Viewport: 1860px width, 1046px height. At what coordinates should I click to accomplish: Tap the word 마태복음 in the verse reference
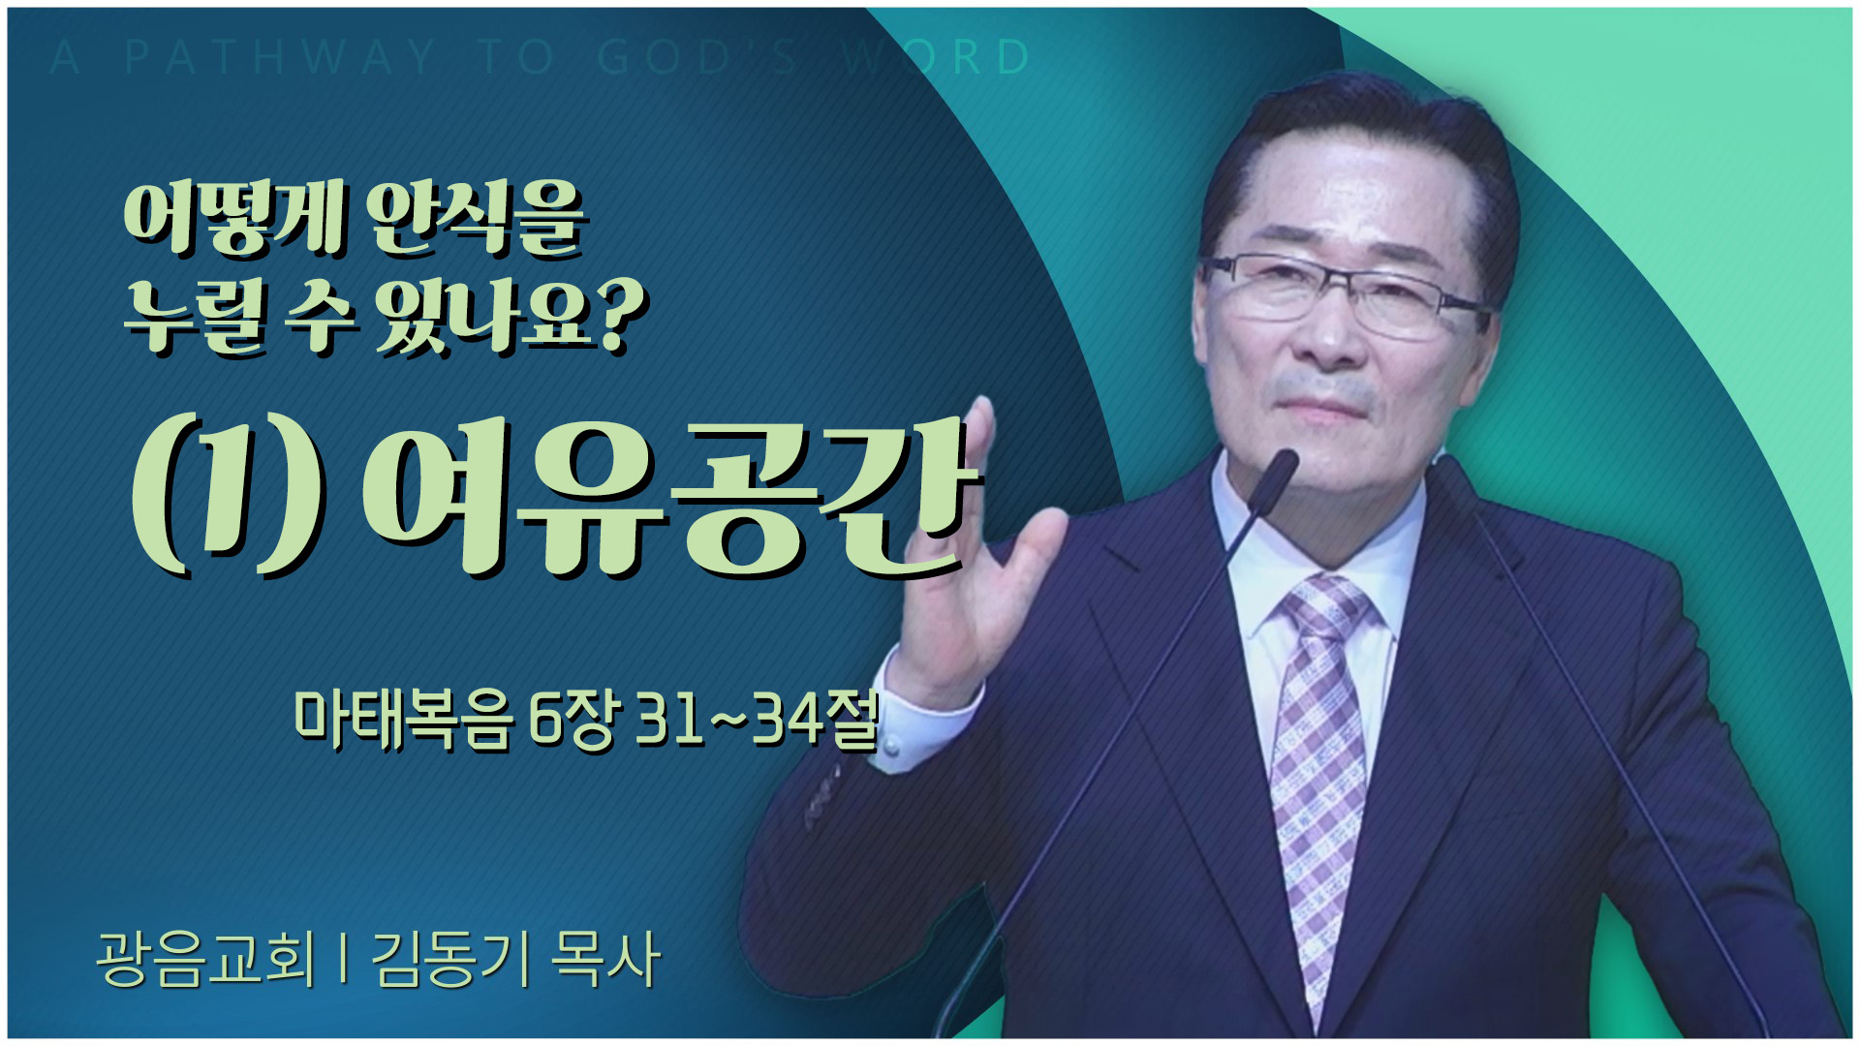click(x=403, y=721)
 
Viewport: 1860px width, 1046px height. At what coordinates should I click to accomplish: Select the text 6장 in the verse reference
click(x=572, y=721)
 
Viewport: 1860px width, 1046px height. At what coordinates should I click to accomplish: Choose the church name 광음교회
click(x=206, y=959)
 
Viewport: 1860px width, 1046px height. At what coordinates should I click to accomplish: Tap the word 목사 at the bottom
click(x=605, y=959)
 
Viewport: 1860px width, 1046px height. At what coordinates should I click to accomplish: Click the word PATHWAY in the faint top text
click(x=281, y=58)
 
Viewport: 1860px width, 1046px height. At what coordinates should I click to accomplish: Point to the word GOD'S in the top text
click(x=697, y=58)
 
